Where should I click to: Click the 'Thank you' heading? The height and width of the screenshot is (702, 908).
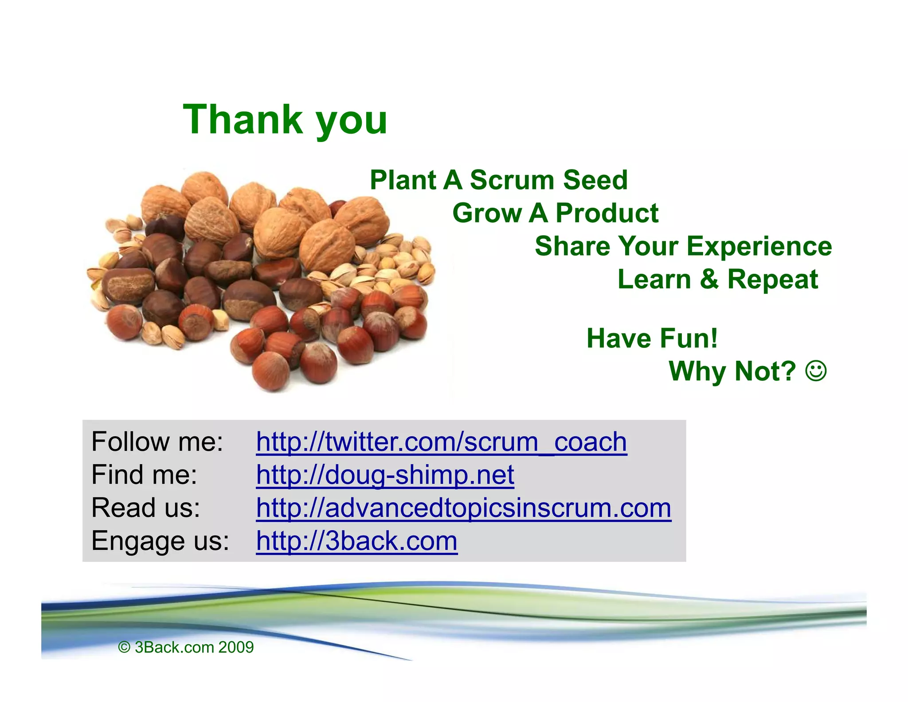tap(285, 119)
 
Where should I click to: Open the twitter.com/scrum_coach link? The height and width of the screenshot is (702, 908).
tap(441, 442)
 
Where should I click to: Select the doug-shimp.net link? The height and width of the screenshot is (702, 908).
tap(385, 475)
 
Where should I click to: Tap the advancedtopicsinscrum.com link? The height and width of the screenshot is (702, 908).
tap(463, 508)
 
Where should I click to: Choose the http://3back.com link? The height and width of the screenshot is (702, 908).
tap(356, 541)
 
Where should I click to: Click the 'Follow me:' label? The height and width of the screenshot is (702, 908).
tap(157, 442)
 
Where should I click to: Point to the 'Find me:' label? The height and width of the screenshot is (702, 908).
tap(144, 475)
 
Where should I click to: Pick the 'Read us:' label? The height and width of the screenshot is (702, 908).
tap(145, 508)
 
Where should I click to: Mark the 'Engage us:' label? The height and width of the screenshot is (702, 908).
tap(160, 541)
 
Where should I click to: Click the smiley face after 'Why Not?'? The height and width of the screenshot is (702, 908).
tap(816, 371)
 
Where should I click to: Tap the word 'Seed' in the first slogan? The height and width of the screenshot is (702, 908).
tap(595, 180)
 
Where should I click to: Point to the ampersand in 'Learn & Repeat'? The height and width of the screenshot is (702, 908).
tap(709, 279)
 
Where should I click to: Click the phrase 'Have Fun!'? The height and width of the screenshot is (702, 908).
tap(652, 338)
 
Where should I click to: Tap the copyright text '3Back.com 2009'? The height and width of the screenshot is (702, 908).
tap(194, 647)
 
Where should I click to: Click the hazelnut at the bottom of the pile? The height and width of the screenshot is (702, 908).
tap(270, 372)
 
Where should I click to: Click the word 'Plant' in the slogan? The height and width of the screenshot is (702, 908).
tap(403, 180)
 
